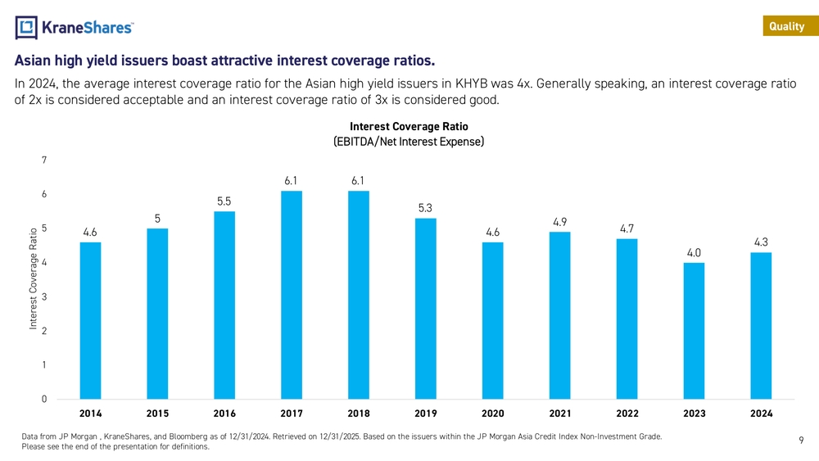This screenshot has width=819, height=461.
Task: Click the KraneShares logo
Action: point(75,27)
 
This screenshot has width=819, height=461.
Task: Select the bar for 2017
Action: point(292,295)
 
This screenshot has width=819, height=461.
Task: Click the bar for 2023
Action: point(694,331)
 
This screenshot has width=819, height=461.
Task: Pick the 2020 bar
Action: point(493,320)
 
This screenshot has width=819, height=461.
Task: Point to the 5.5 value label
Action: point(224,201)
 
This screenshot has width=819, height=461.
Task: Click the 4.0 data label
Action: point(694,252)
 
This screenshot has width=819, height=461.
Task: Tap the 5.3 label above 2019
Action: point(426,208)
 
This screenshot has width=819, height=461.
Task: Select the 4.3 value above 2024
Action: point(761,242)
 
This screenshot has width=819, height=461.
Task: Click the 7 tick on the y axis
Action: point(43,160)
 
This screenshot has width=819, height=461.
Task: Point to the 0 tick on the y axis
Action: point(43,399)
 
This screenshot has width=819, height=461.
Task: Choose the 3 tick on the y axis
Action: point(43,296)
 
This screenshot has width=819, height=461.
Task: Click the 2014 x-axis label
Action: point(90,414)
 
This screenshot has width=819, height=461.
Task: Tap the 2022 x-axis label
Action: point(627,414)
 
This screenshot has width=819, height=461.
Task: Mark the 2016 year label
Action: point(224,414)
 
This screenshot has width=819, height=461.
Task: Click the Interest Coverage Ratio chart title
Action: point(409,127)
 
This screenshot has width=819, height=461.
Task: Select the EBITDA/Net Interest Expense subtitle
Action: point(409,142)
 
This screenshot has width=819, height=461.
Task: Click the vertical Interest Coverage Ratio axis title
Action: point(33,278)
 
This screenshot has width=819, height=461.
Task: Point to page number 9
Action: point(800,441)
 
